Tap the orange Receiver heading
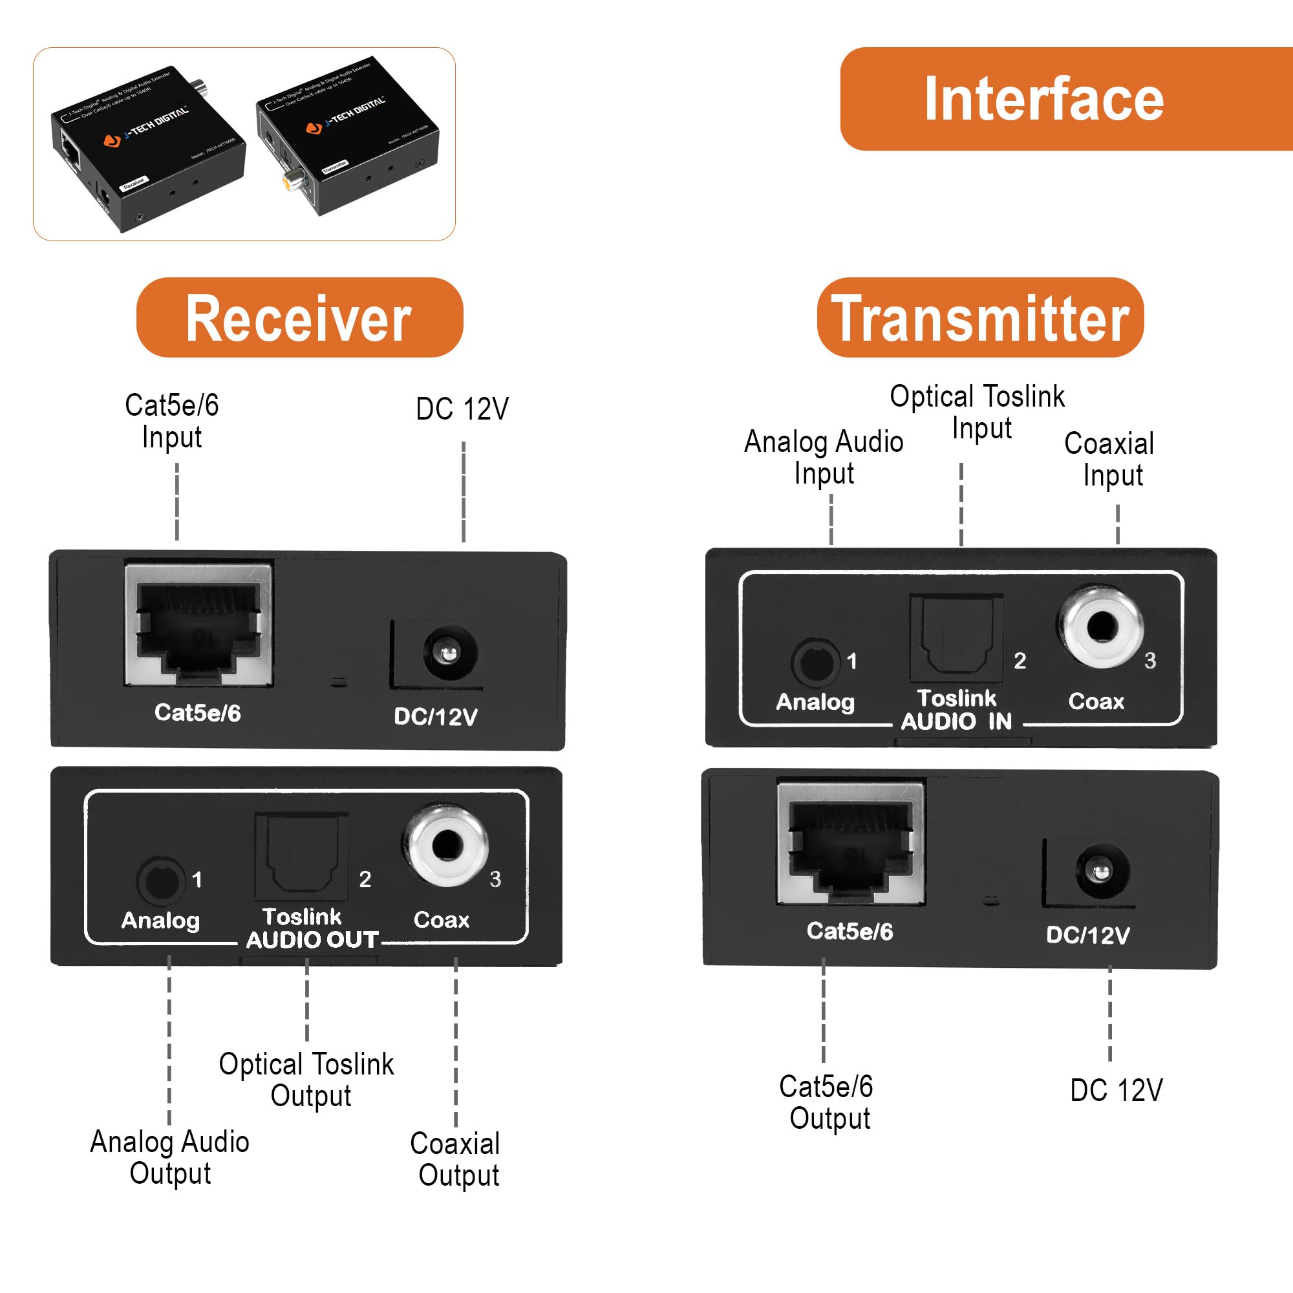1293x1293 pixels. pos(299,318)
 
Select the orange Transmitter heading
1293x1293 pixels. pos(980,318)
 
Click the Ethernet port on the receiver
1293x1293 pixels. pos(198,624)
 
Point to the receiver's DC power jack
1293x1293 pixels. pos(448,653)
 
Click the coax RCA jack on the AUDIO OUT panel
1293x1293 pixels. pos(446,846)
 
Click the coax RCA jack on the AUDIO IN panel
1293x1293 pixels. pos(1100,627)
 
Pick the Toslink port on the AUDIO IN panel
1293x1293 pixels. pos(956,636)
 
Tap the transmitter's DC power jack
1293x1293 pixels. pos(1101,871)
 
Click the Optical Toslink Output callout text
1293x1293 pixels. pos(307,1080)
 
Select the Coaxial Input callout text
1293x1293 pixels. pos(1109,459)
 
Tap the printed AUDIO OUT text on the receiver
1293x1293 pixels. pos(312,939)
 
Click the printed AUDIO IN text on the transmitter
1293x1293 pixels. pos(956,721)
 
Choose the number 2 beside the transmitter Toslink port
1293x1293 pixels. pos(1020,661)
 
